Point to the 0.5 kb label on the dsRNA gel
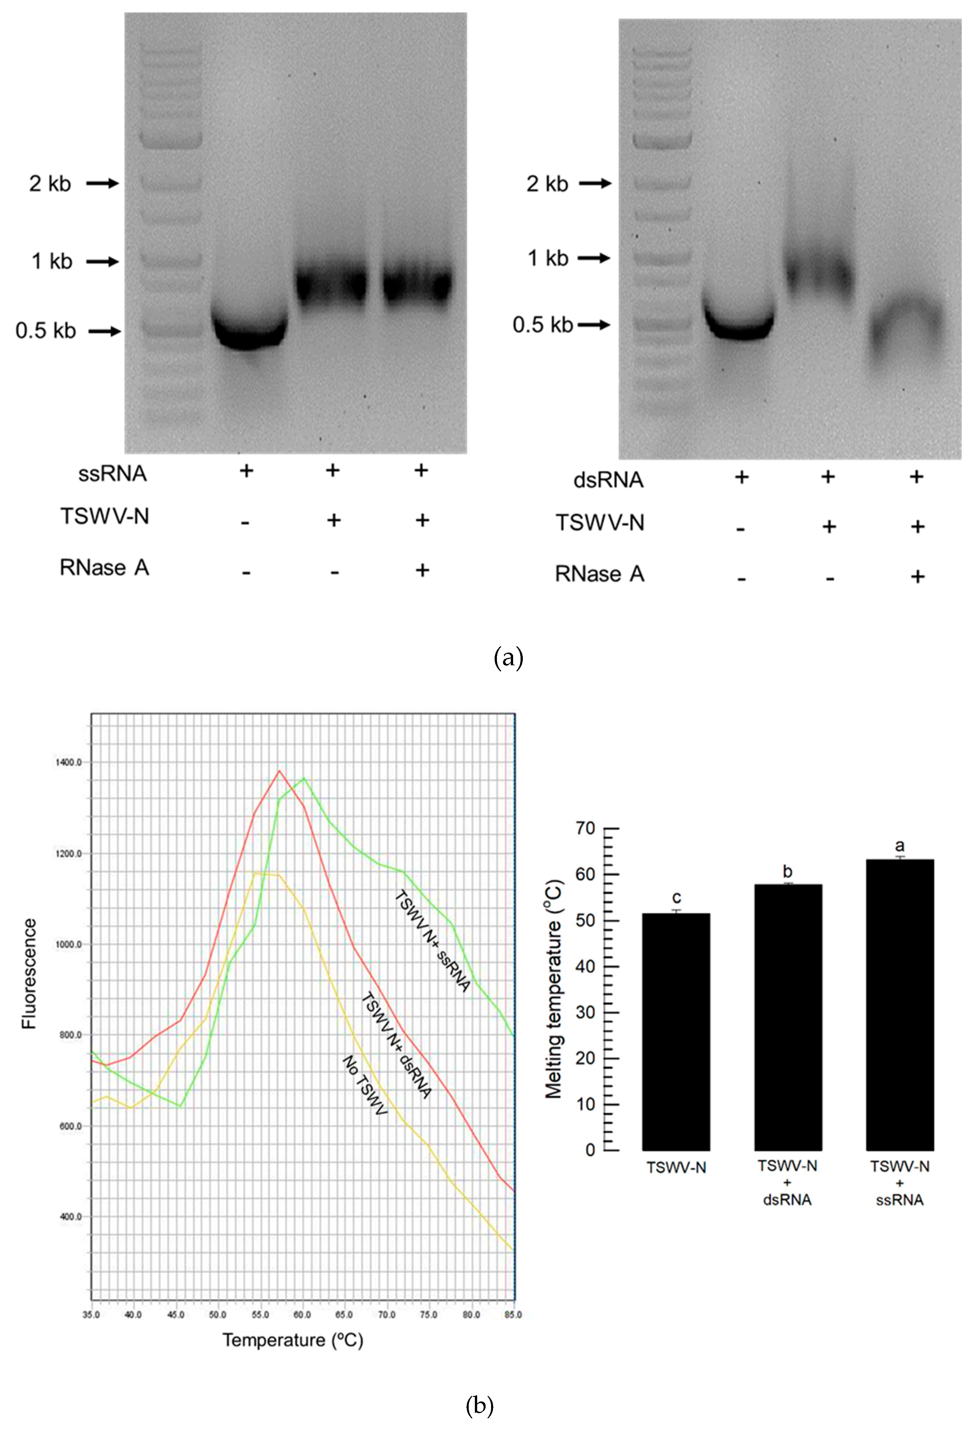click(542, 325)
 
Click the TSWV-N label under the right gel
click(600, 523)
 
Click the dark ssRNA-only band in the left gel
click(248, 332)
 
